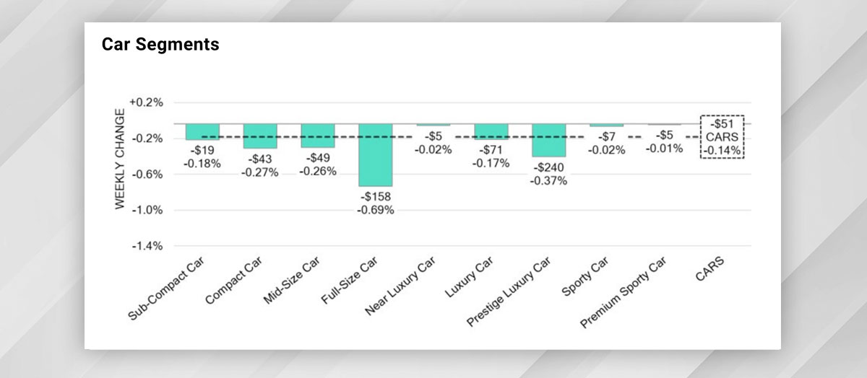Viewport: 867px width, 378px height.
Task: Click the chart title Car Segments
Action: (x=160, y=45)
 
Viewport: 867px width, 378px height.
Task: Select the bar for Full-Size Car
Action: (x=376, y=155)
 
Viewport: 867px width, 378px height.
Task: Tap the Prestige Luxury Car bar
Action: (x=549, y=140)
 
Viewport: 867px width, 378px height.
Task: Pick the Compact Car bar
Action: (x=260, y=136)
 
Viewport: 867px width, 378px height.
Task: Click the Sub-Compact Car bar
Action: (x=202, y=131)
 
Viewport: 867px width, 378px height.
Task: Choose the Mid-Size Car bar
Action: (x=318, y=135)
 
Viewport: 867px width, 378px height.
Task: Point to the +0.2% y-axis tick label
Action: (x=147, y=102)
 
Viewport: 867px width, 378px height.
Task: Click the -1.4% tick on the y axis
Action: (x=147, y=246)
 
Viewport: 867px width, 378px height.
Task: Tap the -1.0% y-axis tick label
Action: (x=147, y=210)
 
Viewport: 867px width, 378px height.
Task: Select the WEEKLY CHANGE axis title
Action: (x=120, y=159)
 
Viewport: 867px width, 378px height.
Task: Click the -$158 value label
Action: (x=376, y=197)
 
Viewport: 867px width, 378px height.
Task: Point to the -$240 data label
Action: (x=549, y=168)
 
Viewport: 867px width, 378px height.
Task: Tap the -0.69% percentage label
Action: (x=376, y=210)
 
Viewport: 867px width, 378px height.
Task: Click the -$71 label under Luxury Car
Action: (x=491, y=150)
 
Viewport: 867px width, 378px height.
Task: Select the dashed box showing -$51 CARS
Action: (x=722, y=136)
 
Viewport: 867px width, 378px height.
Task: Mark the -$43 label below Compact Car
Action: (x=260, y=159)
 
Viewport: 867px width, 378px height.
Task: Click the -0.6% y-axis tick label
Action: (x=147, y=175)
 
